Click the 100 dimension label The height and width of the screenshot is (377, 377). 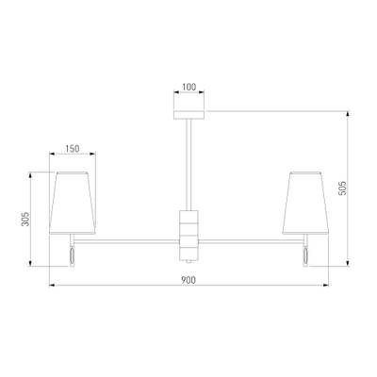pos(188,87)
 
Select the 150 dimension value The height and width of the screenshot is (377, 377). pos(73,148)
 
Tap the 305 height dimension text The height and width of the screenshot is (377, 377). pos(25,219)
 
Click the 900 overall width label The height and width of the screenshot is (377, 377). pos(188,280)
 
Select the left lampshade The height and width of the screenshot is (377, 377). pos(73,203)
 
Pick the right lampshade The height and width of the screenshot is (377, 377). pos(305,203)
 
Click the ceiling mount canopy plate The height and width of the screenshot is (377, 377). pos(188,115)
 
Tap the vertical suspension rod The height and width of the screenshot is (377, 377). pos(188,165)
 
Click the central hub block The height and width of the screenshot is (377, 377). pos(188,235)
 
